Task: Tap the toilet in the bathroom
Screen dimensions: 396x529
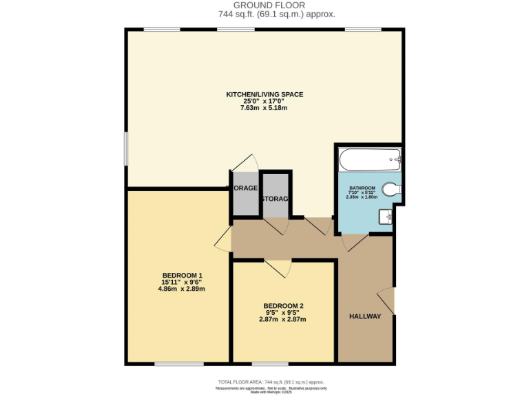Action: point(392,189)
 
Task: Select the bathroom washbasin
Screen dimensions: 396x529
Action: point(386,217)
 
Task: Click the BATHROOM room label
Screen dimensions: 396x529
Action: point(362,188)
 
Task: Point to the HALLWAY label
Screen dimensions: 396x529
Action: point(364,316)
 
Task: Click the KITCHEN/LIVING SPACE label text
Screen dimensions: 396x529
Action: point(264,94)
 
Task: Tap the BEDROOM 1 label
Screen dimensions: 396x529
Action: point(182,276)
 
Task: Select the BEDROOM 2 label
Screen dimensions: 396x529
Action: point(283,306)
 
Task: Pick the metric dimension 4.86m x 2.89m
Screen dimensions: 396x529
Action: point(182,289)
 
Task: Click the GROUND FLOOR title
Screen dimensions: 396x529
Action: point(264,5)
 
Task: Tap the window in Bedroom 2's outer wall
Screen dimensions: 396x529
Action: point(270,363)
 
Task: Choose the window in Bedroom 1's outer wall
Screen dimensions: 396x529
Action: point(174,363)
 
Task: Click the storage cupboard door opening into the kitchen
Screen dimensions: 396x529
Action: point(246,164)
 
